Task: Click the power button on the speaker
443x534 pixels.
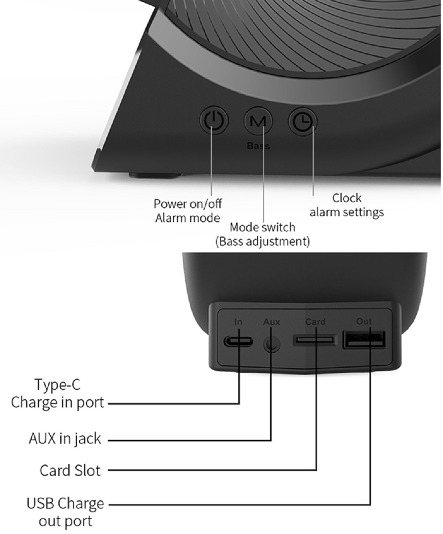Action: (x=214, y=120)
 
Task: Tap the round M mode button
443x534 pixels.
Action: (x=258, y=121)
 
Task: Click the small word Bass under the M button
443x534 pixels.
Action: (x=258, y=146)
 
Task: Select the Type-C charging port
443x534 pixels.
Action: (x=238, y=342)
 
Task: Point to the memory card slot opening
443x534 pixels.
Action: (x=315, y=340)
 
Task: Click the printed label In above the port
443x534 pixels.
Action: (x=238, y=322)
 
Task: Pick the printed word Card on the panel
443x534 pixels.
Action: (x=315, y=322)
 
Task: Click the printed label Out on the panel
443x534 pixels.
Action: (x=364, y=321)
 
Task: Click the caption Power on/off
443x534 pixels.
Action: (x=187, y=204)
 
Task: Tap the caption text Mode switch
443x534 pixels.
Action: (x=262, y=227)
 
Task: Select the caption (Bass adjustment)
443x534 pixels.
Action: (x=262, y=242)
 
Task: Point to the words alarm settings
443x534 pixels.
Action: (x=346, y=212)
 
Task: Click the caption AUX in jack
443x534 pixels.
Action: (x=65, y=439)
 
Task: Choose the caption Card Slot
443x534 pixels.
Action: (x=70, y=470)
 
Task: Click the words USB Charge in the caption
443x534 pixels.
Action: (x=65, y=503)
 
